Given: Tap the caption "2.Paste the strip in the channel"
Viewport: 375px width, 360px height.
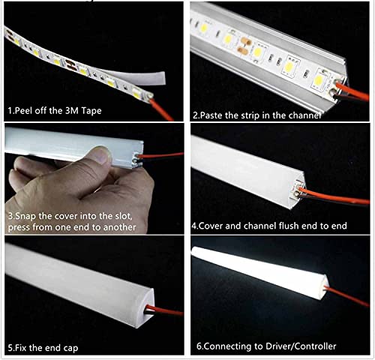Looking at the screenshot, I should [257, 115].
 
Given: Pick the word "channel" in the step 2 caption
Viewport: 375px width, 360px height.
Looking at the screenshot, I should [306, 115].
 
